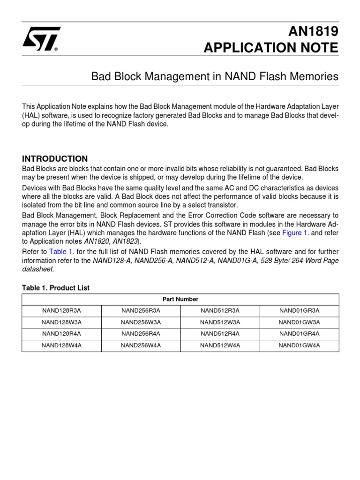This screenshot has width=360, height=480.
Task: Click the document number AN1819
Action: point(315,31)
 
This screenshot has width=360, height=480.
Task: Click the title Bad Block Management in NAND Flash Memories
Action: point(215,76)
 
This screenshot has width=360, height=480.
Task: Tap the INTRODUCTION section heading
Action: point(55,158)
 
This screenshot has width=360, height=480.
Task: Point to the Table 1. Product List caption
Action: point(55,288)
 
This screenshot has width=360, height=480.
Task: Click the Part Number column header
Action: point(180,299)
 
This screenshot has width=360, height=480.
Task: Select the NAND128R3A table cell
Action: point(61,310)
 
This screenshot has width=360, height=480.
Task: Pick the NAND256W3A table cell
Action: point(141,322)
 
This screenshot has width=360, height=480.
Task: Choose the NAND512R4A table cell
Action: point(220,334)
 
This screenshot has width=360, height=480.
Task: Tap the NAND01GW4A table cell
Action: point(299,345)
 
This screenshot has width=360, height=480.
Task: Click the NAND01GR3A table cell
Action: point(299,310)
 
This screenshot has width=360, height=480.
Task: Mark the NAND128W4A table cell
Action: point(61,345)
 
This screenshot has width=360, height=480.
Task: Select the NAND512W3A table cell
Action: point(220,322)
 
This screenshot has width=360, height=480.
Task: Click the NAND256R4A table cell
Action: point(141,334)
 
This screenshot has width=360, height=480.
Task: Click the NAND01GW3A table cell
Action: point(299,322)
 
